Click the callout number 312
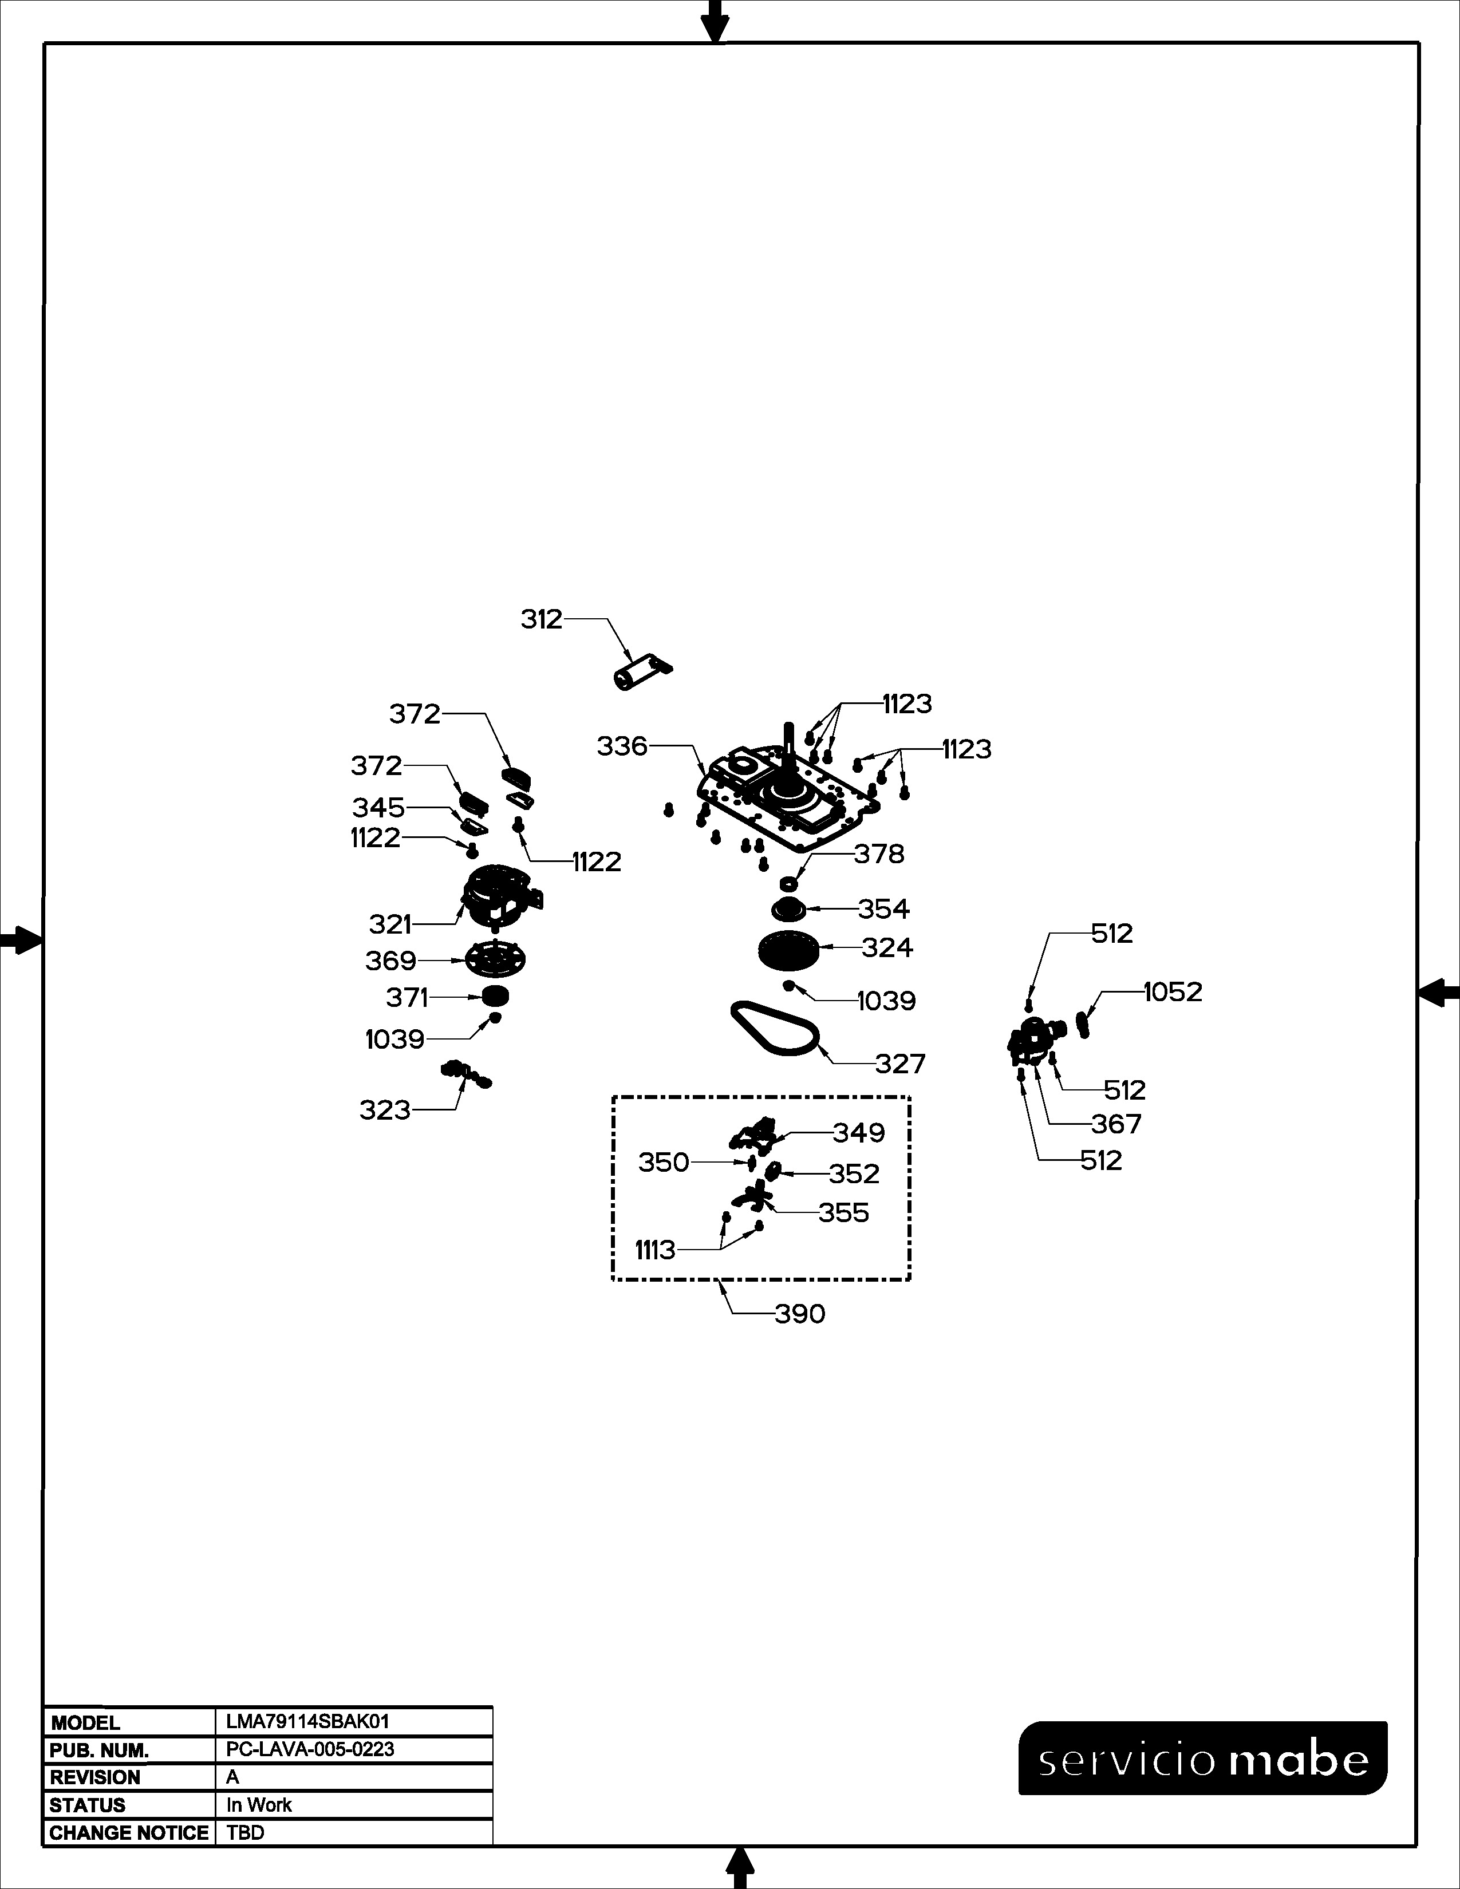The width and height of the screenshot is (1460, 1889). point(542,619)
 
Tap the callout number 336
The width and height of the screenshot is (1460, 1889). point(622,745)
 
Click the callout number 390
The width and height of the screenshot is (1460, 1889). point(799,1314)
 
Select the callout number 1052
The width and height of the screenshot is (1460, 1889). point(1173,991)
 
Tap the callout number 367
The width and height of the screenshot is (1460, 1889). point(1116,1124)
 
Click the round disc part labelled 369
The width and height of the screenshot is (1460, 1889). point(496,958)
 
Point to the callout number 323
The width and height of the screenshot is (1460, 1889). point(385,1110)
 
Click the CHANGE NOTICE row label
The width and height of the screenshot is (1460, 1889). point(129,1833)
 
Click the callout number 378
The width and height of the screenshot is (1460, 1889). point(879,853)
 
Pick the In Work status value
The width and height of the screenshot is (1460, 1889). point(259,1805)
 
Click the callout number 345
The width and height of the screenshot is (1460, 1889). point(378,807)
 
